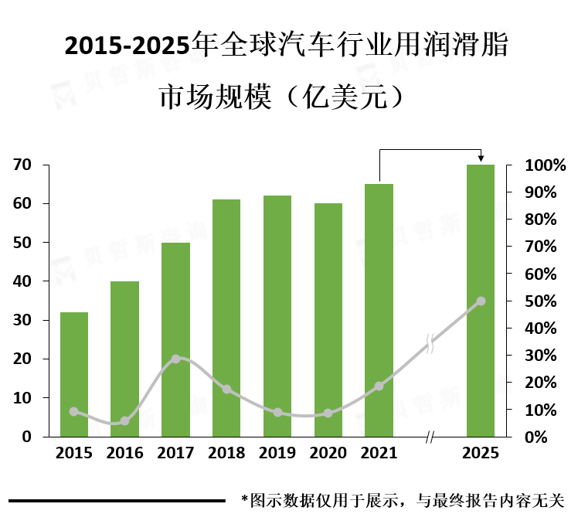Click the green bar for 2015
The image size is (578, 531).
click(73, 374)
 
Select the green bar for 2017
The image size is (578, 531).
click(175, 340)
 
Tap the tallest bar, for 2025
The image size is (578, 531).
click(480, 301)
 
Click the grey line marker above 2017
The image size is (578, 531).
click(175, 359)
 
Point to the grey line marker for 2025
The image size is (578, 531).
click(481, 301)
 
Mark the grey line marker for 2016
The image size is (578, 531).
click(124, 421)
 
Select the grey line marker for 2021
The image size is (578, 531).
click(379, 386)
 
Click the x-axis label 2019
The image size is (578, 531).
click(277, 453)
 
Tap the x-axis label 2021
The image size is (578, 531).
click(379, 453)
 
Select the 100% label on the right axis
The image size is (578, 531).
click(546, 165)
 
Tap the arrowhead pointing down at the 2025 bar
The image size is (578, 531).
click(481, 158)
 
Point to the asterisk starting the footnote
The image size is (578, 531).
click(245, 499)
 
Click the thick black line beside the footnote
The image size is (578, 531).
click(116, 501)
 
